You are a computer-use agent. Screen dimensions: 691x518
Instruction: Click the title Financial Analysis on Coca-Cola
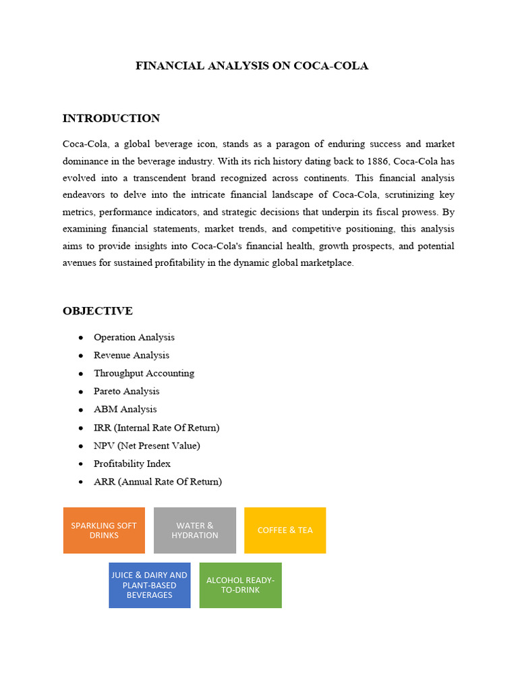252,66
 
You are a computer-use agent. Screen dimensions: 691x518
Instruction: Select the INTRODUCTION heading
111,119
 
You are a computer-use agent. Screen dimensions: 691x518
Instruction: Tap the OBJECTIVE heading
98,311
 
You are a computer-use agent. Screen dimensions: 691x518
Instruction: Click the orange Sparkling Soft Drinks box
104,530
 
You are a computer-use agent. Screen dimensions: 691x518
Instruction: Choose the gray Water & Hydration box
195,530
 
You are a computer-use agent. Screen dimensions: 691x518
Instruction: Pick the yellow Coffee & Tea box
285,530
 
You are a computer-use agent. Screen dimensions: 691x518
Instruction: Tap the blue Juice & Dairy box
149,585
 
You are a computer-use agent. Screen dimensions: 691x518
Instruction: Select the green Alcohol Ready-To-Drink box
240,585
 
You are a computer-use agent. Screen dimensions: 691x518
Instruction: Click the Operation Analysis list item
134,337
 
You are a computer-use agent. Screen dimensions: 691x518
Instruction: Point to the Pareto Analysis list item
127,391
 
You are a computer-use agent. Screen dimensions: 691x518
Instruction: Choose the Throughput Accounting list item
144,373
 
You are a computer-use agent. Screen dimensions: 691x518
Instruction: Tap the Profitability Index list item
132,464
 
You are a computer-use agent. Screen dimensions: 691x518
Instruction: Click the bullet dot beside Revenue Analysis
81,356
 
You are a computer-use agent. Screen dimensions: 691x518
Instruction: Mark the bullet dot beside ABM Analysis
81,410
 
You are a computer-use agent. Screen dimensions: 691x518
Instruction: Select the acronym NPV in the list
104,445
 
